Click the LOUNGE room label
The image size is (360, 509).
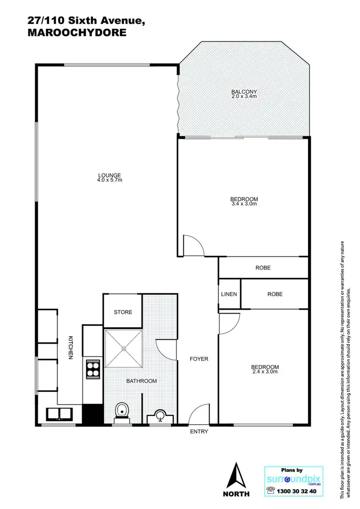coord(109,175)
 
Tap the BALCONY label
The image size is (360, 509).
coord(244,92)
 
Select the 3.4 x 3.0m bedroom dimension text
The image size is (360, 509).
coord(244,204)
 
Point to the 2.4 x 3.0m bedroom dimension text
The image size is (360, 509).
coord(265,372)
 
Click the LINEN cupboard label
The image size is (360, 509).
coord(229,294)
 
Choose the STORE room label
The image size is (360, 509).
coord(123,312)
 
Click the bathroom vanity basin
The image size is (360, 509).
coord(160,415)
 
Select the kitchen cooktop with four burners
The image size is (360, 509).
coord(93,370)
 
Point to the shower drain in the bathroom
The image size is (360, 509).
coord(123,349)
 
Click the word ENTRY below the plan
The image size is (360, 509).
coord(199,432)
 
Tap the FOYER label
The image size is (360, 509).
coord(199,359)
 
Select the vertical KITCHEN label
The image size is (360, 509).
coord(70,347)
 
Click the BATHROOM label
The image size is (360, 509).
coord(142,381)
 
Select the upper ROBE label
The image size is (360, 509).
coord(263,268)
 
